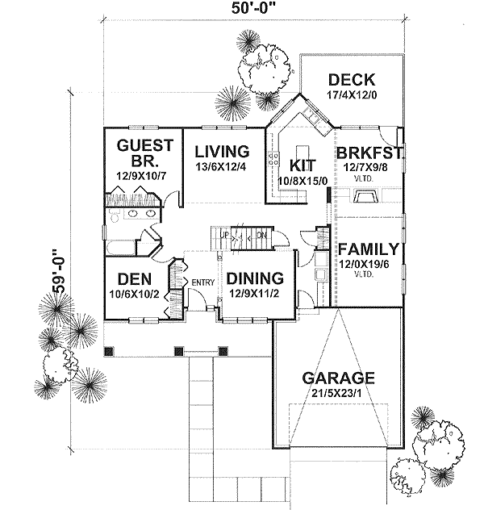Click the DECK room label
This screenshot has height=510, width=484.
click(352, 79)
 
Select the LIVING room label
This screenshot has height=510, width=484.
click(220, 151)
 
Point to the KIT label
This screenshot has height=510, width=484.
click(301, 165)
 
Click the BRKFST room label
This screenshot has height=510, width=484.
click(369, 152)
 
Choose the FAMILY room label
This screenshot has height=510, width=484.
click(368, 249)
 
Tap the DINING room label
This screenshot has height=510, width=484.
click(253, 278)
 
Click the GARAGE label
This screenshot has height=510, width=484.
click(337, 377)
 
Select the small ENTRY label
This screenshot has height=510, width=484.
click(201, 282)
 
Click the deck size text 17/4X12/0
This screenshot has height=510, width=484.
click(352, 94)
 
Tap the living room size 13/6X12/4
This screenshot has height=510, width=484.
click(220, 166)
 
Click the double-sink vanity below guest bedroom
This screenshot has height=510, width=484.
click(133, 216)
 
